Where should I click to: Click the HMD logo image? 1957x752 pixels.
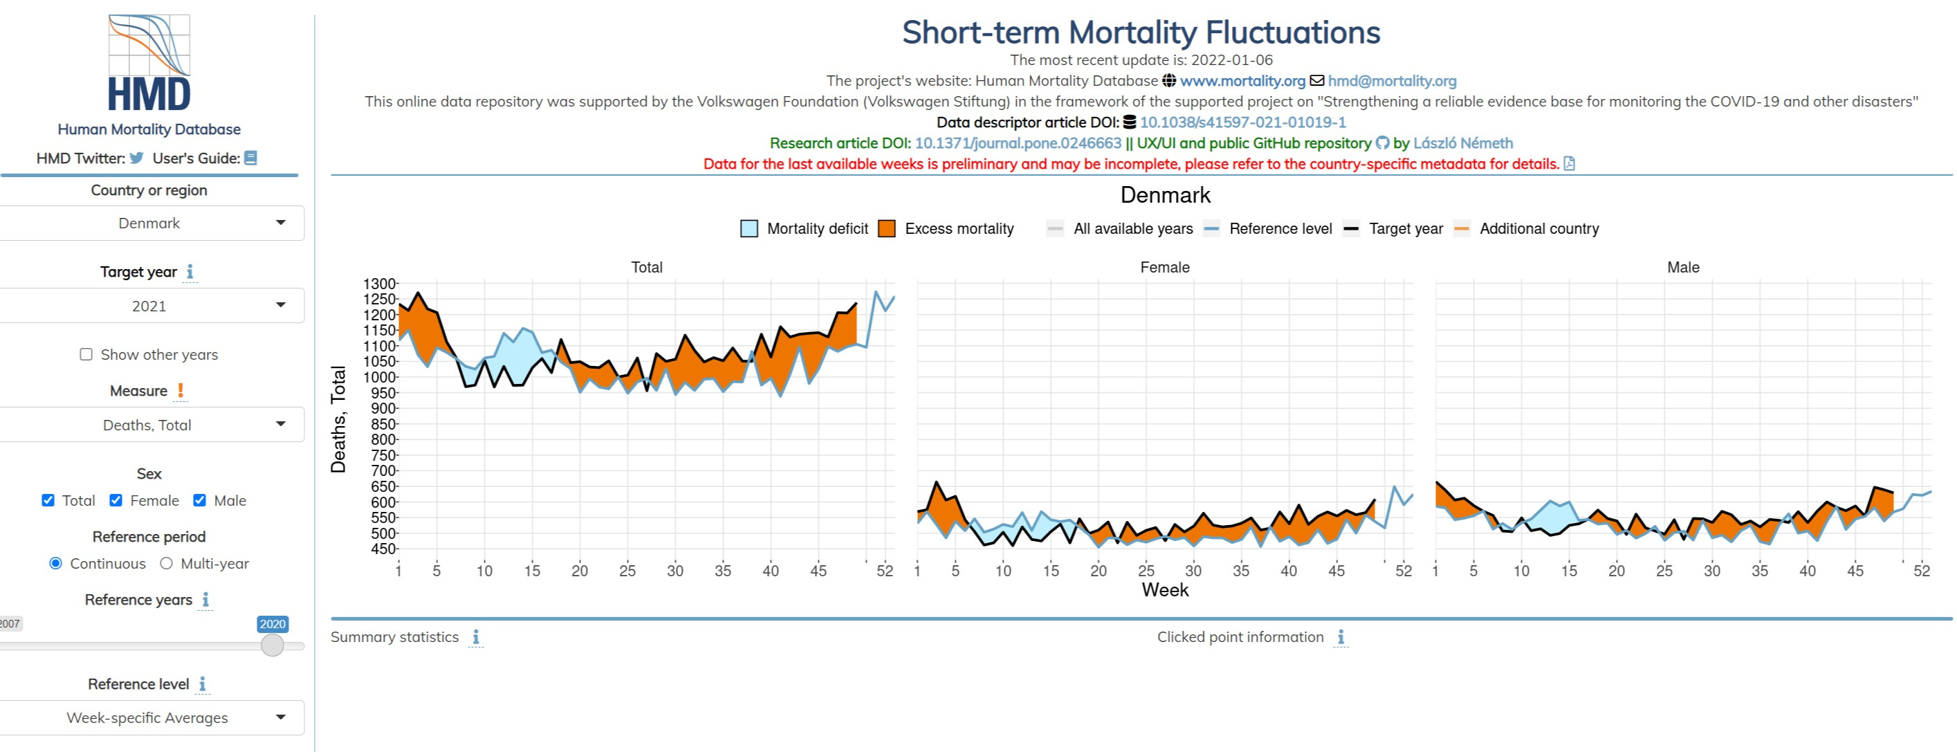click(149, 63)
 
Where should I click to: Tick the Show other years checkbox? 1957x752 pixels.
click(86, 355)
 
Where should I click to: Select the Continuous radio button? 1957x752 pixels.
click(55, 564)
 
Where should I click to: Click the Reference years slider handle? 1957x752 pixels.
click(272, 645)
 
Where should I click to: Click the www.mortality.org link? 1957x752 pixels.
click(1242, 81)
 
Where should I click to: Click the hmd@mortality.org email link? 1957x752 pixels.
click(1392, 81)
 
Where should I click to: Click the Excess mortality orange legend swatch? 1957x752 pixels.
click(886, 228)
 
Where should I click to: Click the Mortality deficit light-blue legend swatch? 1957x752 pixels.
click(749, 228)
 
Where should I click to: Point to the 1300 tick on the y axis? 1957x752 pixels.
click(380, 284)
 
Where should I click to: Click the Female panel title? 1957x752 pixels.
click(1165, 267)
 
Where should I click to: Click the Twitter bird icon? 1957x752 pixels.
click(137, 158)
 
